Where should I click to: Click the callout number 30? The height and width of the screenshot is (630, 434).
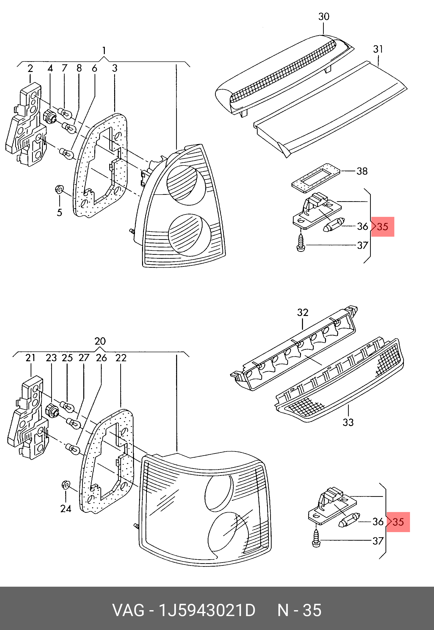click(x=324, y=17)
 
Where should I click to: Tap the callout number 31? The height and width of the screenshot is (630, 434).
click(x=378, y=49)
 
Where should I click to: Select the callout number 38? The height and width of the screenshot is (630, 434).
click(x=362, y=171)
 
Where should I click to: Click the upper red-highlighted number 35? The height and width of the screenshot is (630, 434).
click(x=383, y=227)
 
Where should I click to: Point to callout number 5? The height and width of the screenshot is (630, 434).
click(x=60, y=212)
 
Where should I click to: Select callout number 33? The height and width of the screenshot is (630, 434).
click(x=348, y=422)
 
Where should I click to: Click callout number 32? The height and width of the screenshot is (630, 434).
click(x=303, y=312)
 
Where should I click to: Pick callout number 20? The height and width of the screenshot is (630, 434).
click(x=100, y=341)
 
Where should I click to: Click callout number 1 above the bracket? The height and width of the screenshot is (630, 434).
click(x=104, y=50)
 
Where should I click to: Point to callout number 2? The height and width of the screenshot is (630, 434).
click(x=30, y=69)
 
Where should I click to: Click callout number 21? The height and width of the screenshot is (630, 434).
click(x=30, y=358)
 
